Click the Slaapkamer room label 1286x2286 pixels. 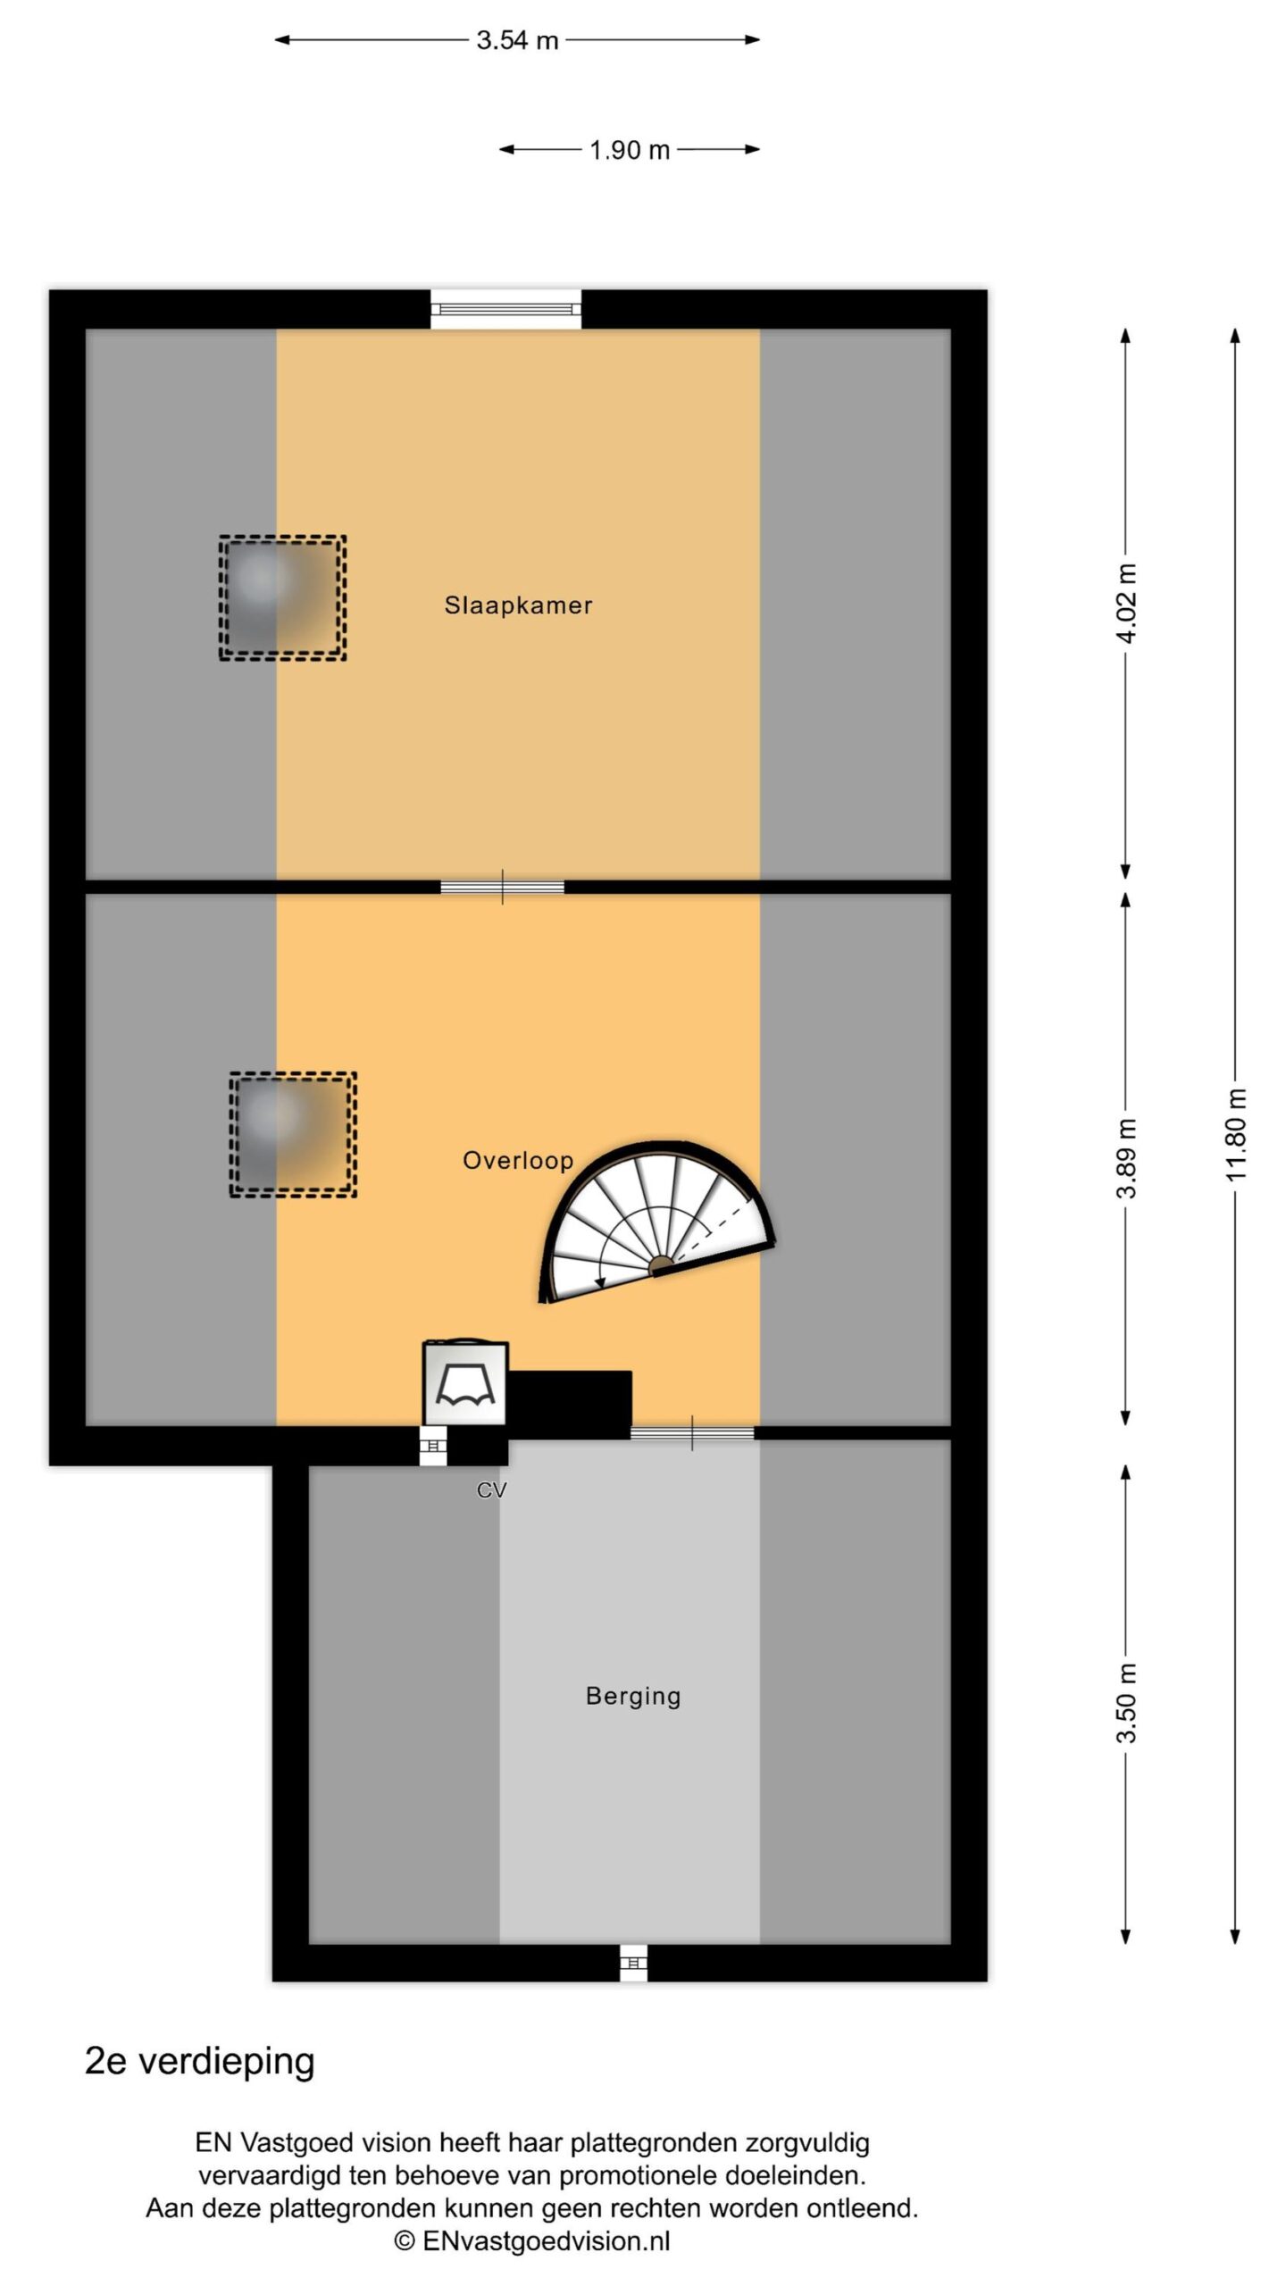(518, 605)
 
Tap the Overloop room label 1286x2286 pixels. (518, 1161)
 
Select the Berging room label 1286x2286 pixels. (633, 1697)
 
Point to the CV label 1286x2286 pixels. (492, 1489)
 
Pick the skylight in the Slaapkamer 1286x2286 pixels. (282, 597)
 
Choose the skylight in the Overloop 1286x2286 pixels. (293, 1134)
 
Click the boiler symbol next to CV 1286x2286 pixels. (465, 1383)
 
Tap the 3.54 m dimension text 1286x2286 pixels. (517, 40)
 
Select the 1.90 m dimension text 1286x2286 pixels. (630, 150)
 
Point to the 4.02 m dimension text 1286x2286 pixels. (1127, 604)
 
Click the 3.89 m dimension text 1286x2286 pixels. (1127, 1158)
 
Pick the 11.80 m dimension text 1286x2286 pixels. (1236, 1134)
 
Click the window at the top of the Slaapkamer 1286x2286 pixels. (505, 309)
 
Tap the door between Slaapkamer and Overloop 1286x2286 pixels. (503, 887)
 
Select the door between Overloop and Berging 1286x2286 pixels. (692, 1432)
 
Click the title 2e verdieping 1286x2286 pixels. (200, 2061)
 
